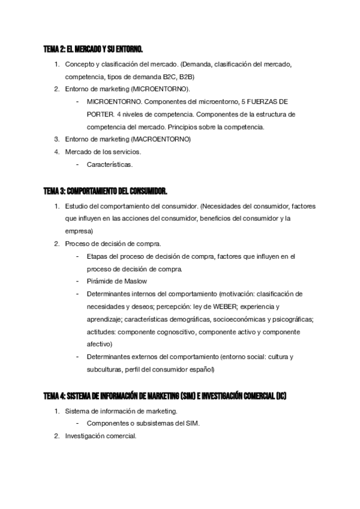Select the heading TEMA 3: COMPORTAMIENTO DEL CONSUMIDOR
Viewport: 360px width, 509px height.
pos(106,191)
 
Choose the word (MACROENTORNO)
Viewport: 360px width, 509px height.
pos(160,139)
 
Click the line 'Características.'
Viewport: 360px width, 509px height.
pos(110,164)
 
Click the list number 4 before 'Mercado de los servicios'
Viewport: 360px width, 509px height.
pos(56,152)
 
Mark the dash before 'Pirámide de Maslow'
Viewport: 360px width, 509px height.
pos(77,281)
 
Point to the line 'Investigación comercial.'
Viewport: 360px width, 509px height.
pos(101,436)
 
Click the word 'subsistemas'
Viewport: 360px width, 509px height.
pos(149,424)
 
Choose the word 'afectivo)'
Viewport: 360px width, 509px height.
pos(99,344)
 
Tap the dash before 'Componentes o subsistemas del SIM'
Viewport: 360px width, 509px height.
pos(77,424)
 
